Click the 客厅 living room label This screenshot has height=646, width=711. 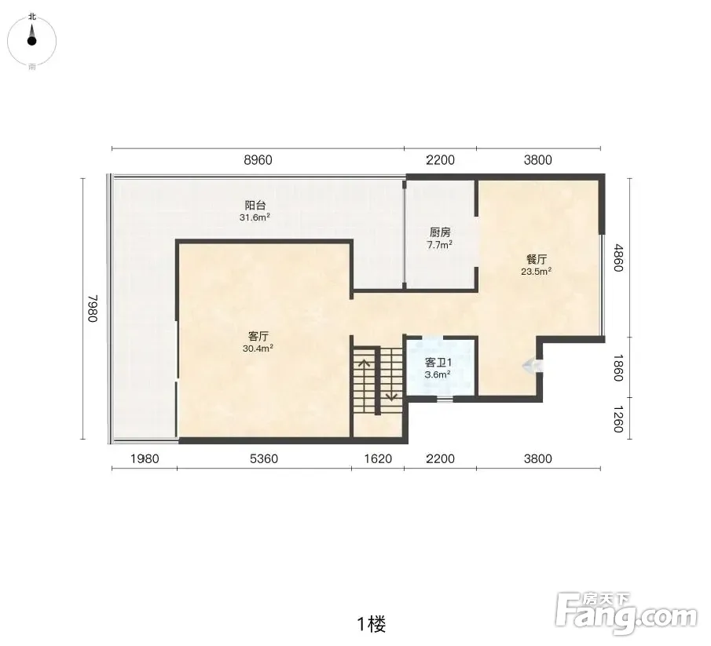258,336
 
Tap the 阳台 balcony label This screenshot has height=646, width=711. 255,205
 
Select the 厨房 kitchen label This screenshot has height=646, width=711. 440,232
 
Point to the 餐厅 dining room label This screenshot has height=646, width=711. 537,259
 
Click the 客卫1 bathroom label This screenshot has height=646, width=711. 438,363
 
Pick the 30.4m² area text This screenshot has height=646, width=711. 258,349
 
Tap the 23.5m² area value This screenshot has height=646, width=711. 537,272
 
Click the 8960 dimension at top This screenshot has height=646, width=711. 258,160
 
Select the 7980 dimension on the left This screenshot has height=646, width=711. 93,308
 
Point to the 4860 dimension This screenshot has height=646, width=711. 618,257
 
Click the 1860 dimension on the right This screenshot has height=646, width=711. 618,368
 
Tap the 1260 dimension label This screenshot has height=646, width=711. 618,419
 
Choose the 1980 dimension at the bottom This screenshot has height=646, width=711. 145,459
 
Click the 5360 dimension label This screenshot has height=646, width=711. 264,459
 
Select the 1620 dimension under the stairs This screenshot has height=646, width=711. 378,459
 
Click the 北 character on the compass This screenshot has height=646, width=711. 32,16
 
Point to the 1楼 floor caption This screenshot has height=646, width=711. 372,624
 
